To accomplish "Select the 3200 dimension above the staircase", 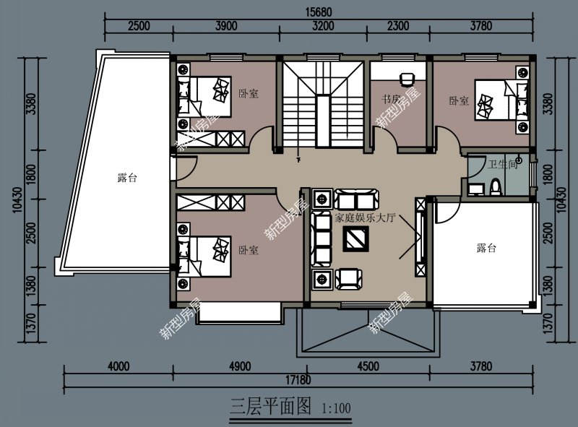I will (324, 26).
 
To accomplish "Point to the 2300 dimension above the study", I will (397, 26).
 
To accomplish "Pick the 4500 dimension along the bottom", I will (368, 366).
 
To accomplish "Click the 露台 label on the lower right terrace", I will (486, 249).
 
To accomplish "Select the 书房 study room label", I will (391, 100).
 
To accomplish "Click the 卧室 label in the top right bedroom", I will (458, 100).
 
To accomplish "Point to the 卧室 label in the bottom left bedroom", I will (249, 251).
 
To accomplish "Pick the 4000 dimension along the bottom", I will (118, 366).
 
